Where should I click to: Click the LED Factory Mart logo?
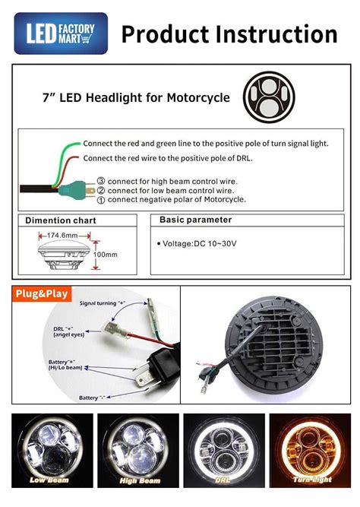[x=61, y=33]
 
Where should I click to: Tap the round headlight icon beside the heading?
[x=269, y=97]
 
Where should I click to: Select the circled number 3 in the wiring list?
[x=101, y=182]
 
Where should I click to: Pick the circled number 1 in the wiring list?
[x=101, y=200]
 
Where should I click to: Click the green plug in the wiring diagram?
[x=73, y=191]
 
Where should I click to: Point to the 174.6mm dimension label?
[x=62, y=236]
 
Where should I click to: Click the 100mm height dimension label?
[x=106, y=255]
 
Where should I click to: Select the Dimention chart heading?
[x=61, y=220]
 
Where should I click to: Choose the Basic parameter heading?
[x=195, y=220]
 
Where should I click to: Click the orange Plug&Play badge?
[x=42, y=294]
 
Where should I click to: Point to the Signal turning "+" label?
[x=103, y=303]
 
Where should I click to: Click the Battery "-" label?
[x=93, y=398]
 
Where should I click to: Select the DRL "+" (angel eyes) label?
[x=69, y=331]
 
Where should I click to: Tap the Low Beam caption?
[x=49, y=480]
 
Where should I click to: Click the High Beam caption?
[x=140, y=481]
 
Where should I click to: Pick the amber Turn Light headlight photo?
[x=310, y=451]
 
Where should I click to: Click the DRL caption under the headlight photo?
[x=223, y=480]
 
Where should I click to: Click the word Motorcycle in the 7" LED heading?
[x=198, y=97]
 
